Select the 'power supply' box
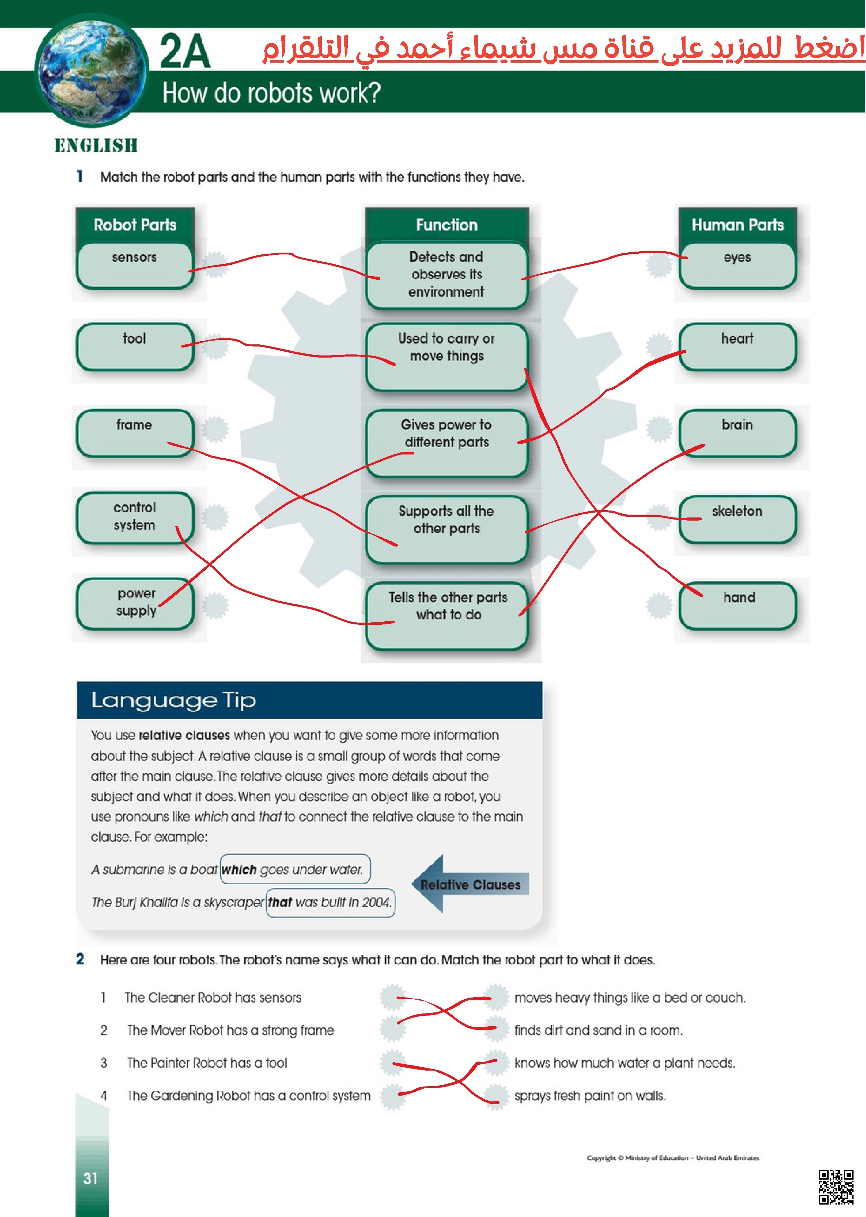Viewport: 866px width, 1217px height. [134, 604]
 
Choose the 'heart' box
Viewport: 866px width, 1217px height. [737, 347]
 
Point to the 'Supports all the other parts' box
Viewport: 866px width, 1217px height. [447, 530]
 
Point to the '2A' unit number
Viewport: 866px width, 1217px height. [185, 51]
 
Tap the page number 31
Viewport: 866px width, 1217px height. [91, 1178]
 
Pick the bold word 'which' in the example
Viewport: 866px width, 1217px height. [239, 869]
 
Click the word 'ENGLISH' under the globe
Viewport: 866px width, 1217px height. [96, 145]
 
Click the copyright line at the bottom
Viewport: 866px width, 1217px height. [673, 1158]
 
